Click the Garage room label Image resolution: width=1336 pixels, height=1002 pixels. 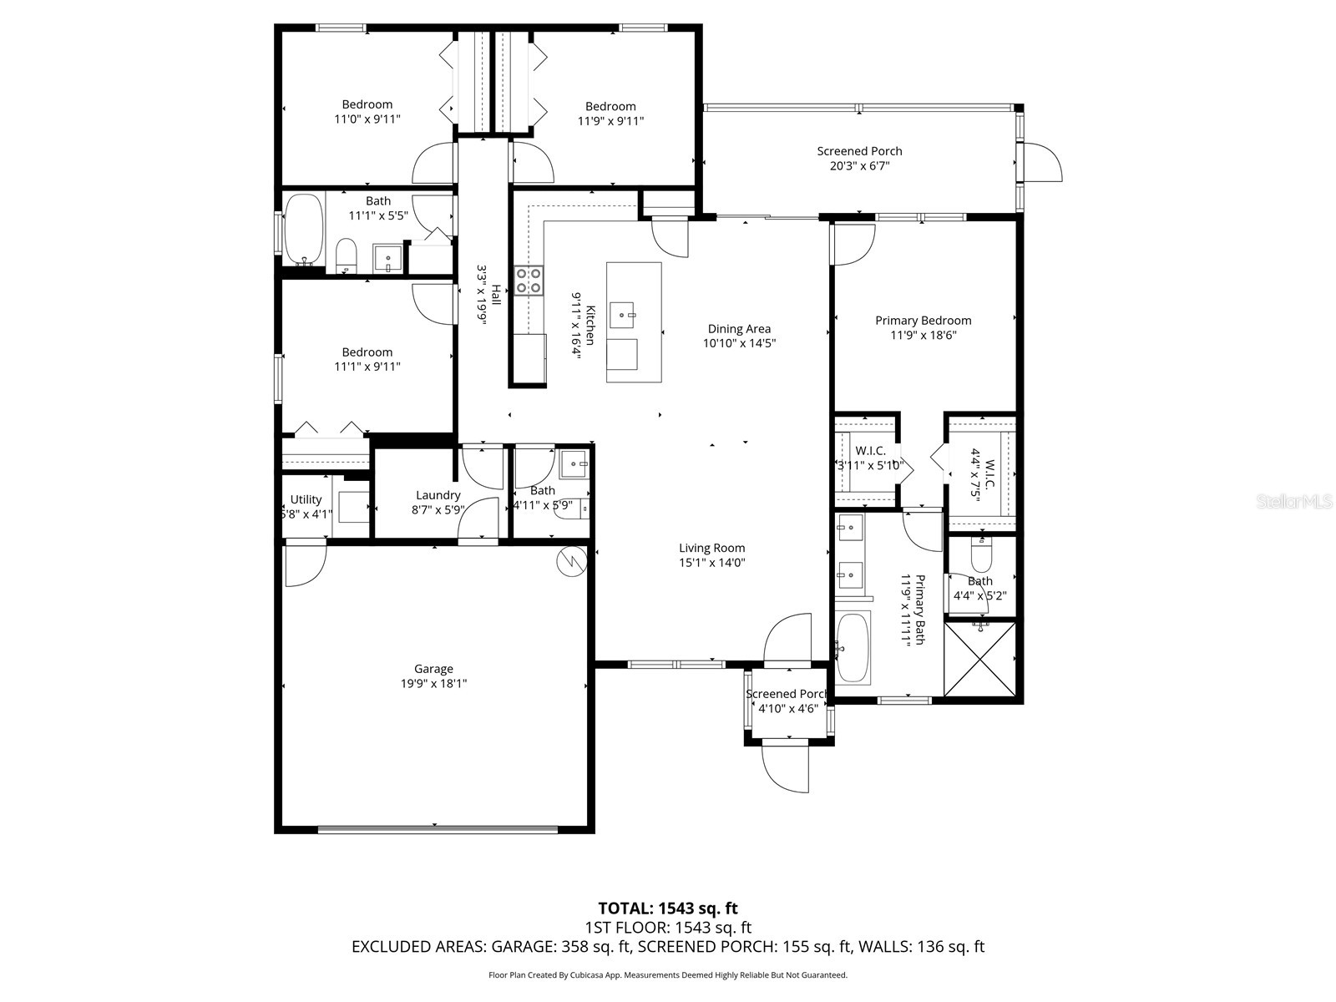coord(433,669)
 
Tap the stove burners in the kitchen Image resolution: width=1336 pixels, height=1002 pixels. coord(528,280)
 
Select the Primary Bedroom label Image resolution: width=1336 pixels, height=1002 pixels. coord(923,321)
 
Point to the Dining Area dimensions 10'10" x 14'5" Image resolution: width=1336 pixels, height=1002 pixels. coord(739,343)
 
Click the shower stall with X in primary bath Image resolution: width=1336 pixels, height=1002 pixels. coord(980,657)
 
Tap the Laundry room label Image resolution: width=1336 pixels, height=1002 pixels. coord(438,496)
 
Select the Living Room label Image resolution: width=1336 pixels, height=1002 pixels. coord(711,549)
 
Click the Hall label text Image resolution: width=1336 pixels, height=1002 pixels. coord(496,295)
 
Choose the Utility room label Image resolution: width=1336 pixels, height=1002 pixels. coord(306,499)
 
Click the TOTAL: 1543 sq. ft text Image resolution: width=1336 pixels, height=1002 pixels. coord(667,908)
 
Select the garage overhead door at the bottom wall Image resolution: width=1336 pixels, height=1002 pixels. coord(438,829)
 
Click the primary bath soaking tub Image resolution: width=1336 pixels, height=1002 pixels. coord(853,647)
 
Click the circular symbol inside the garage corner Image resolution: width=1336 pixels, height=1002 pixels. coord(571,562)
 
